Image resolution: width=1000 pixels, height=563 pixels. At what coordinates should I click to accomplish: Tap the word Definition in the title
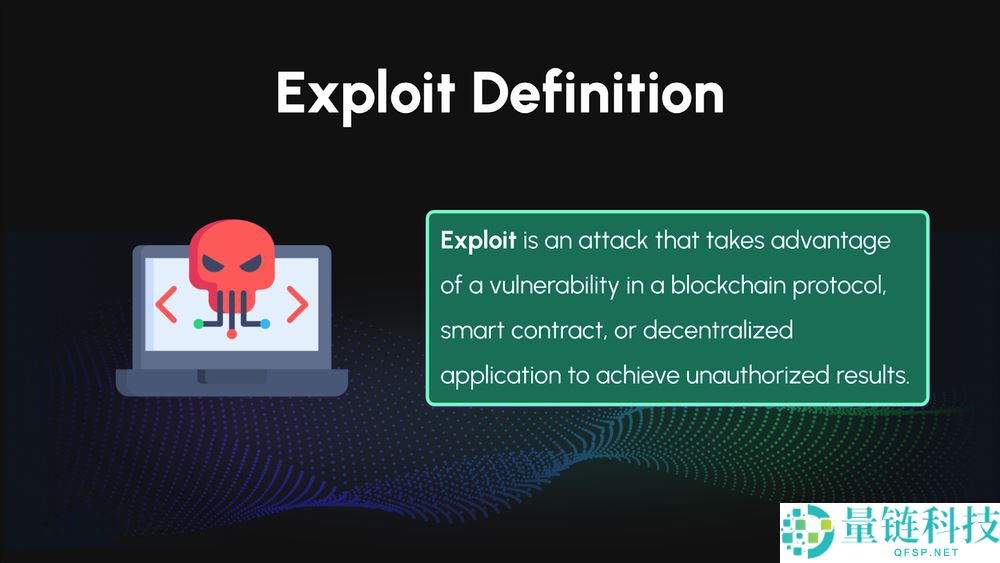point(598,92)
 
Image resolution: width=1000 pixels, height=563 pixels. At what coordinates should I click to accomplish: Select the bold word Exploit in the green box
point(478,242)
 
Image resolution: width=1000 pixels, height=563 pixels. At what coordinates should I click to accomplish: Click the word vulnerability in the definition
point(554,286)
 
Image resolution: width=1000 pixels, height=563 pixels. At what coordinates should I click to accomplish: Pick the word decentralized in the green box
point(718,330)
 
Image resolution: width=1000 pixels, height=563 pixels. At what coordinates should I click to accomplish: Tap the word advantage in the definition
point(830,242)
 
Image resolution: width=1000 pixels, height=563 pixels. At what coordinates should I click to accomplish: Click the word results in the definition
point(872,375)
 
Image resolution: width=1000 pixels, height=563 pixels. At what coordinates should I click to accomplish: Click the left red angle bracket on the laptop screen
point(166,304)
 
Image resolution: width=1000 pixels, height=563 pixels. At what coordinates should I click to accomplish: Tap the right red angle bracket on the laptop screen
point(297,304)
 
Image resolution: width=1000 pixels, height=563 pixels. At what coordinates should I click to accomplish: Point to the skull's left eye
point(214,263)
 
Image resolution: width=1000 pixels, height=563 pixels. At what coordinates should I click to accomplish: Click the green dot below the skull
point(198,324)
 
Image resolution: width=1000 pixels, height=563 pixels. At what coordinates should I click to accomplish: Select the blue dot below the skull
point(265,324)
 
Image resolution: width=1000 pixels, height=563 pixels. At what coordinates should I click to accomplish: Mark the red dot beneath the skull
point(232,333)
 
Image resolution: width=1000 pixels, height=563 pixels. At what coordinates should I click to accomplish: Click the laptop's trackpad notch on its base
point(232,376)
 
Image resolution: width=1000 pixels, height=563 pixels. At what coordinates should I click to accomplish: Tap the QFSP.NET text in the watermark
point(926,552)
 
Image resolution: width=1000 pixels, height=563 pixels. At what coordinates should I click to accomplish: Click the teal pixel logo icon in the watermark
point(807,530)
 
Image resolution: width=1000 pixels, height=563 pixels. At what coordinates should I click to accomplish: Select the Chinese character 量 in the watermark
point(860,525)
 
